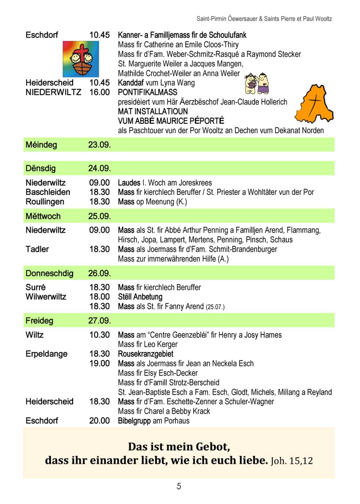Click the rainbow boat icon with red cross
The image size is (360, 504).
click(x=81, y=59)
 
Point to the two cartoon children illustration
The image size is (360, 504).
click(x=256, y=83)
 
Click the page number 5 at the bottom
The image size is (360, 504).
click(x=179, y=486)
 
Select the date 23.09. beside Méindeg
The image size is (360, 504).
click(x=99, y=145)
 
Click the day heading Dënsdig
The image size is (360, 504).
click(x=40, y=168)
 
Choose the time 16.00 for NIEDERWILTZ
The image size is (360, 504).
click(x=99, y=92)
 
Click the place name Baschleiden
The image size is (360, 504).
click(x=48, y=192)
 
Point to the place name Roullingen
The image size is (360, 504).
click(x=45, y=202)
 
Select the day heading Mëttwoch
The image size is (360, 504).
click(x=43, y=216)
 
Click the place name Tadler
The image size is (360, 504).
click(x=37, y=249)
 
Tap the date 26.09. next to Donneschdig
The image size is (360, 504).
click(x=99, y=274)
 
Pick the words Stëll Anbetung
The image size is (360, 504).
click(x=140, y=297)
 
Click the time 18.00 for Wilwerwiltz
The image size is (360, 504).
click(x=99, y=297)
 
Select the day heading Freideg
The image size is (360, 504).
click(x=39, y=321)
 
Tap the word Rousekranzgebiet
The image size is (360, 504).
click(x=146, y=354)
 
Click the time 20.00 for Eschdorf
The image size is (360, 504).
click(x=99, y=421)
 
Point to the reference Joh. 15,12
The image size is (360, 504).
click(x=292, y=461)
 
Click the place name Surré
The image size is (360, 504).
click(x=36, y=287)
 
